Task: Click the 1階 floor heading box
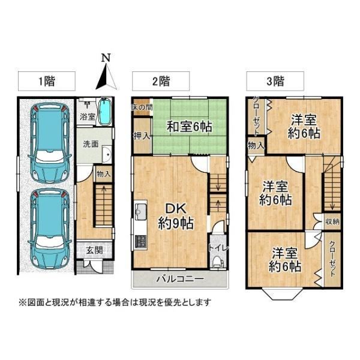pos(47,81)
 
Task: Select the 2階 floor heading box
pos(161,81)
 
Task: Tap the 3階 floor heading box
pos(275,81)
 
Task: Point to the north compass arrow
pos(106,76)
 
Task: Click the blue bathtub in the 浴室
pos(105,112)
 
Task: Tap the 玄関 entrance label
pos(94,250)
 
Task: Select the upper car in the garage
pos(50,143)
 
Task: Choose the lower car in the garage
pos(50,229)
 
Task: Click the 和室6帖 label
pos(189,126)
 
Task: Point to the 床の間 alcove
pos(142,107)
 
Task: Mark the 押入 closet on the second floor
pos(142,136)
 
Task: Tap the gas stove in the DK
pos(140,242)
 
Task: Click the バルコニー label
pos(180,279)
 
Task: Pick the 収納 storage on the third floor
pos(332,221)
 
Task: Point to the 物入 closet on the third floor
pos(256,145)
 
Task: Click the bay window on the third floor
pos(282,293)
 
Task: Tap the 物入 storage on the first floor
pos(104,174)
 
